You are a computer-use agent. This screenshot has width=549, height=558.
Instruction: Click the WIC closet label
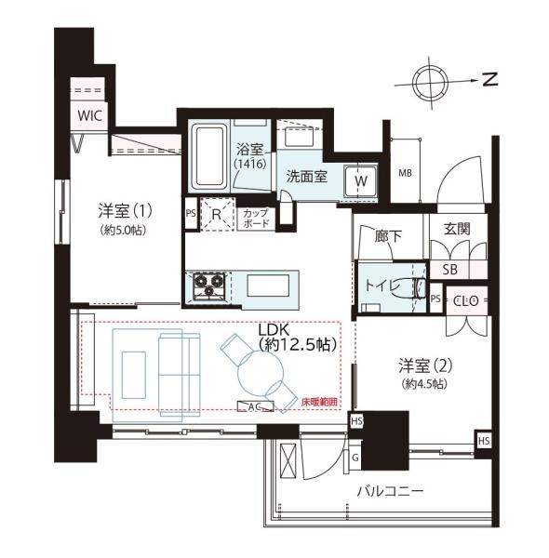[x=89, y=115]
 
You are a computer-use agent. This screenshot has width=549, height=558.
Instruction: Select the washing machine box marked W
[x=361, y=180]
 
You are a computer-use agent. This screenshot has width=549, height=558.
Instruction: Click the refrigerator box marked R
[x=216, y=215]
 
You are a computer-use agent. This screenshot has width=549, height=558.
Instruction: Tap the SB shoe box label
[x=449, y=270]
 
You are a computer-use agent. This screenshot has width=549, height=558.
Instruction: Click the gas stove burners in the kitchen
[x=208, y=286]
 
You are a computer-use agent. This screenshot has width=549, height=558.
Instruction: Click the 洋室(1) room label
[x=124, y=212]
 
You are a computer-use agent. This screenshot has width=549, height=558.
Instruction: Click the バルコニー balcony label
[x=390, y=489]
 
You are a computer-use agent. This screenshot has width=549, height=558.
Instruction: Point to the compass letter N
[x=490, y=80]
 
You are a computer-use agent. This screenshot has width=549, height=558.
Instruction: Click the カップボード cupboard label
[x=257, y=219]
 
